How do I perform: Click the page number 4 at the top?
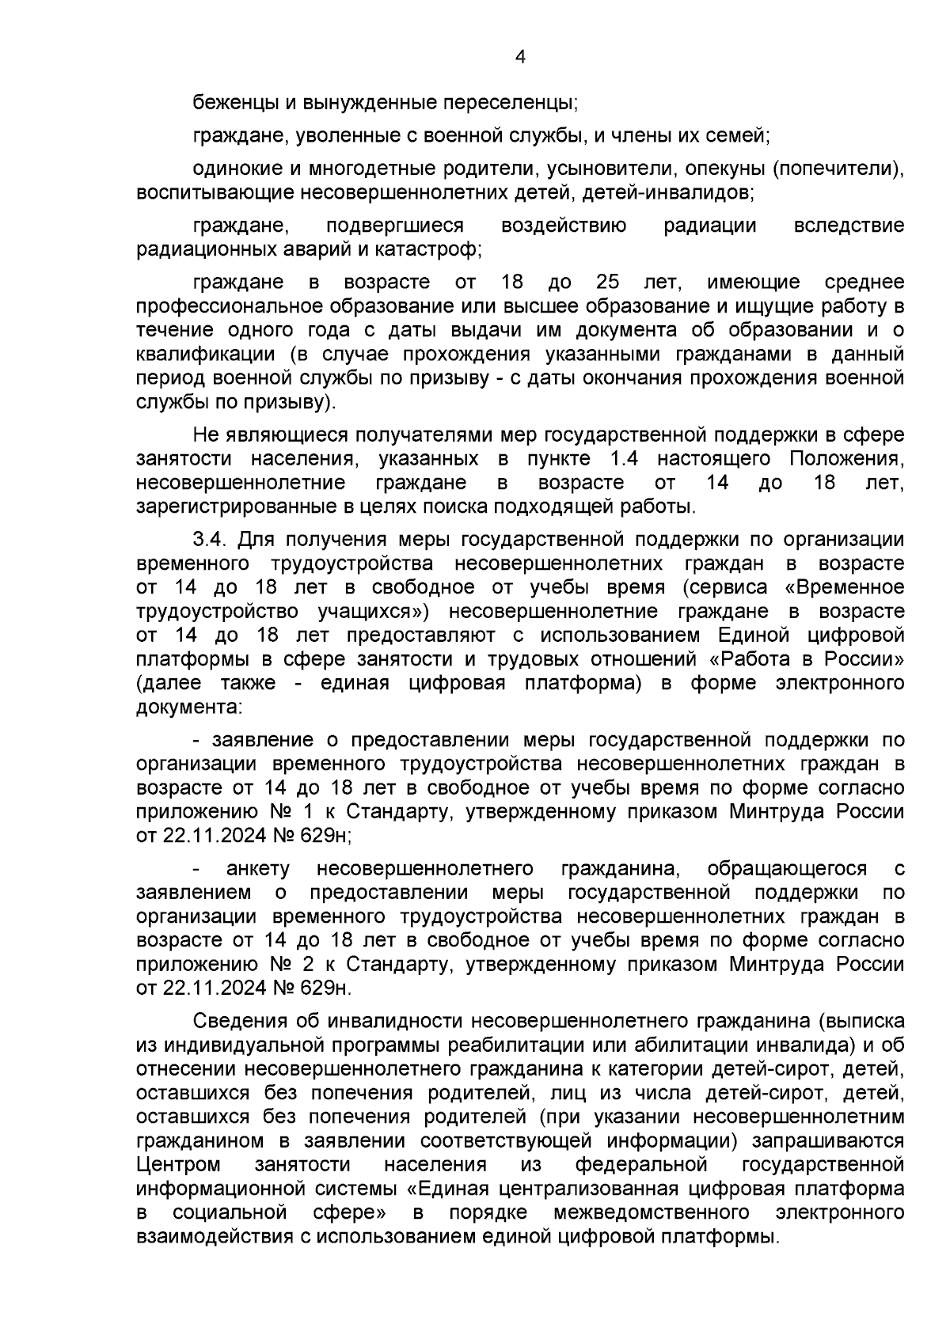[x=520, y=56]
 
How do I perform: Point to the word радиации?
[x=709, y=226]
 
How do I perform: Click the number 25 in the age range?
[x=607, y=283]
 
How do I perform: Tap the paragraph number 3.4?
[x=211, y=540]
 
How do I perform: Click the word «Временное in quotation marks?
[x=849, y=587]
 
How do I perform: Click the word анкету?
[x=258, y=869]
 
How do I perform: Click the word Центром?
[x=178, y=1165]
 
